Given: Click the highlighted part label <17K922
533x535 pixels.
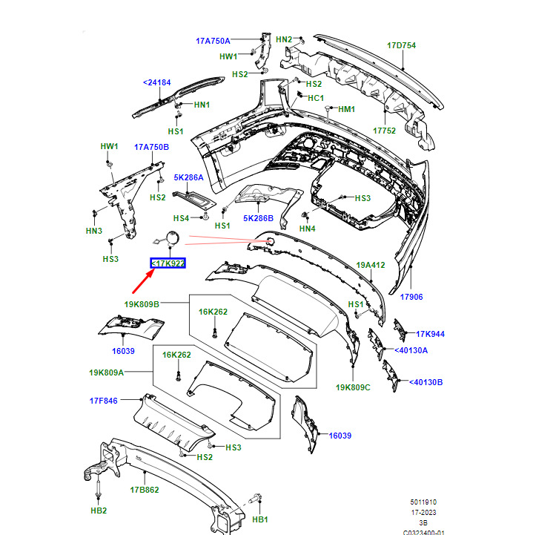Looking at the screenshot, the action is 168,263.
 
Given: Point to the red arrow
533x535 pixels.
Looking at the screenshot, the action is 144,280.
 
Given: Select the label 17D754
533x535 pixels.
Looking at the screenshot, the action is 402,45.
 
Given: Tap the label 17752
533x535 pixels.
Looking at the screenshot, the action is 384,131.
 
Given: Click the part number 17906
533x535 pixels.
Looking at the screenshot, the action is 411,297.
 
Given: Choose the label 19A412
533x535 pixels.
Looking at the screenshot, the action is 371,265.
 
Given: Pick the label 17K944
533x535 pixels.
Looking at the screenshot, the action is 430,334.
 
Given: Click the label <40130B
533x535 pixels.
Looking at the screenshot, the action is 426,382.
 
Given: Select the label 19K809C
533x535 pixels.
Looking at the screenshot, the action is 353,387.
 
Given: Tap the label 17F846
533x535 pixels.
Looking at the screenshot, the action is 104,401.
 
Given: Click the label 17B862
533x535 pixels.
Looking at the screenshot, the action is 145,490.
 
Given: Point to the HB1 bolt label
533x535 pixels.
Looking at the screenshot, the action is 260,519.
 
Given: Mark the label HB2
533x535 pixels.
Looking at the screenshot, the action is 99,511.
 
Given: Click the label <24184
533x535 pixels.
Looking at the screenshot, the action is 156,82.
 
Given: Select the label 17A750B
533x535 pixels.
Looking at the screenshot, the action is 152,147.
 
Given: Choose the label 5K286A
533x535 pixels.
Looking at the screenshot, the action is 188,177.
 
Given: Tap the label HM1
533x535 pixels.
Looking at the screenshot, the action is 347,109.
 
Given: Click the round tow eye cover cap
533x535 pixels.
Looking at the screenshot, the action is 173,237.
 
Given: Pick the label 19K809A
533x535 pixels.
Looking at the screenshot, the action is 106,372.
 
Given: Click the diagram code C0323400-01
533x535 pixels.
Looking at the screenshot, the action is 423,532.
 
